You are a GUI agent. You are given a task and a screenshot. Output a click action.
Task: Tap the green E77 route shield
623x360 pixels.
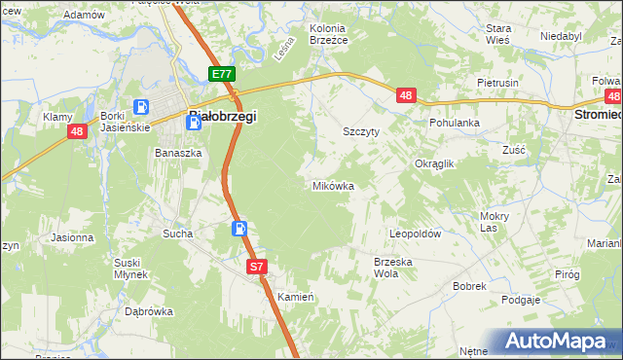pos(222,74)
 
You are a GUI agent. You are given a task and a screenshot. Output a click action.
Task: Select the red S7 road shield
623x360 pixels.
pos(256,266)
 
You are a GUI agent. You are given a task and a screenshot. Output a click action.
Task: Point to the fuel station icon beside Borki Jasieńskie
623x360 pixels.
pos(141,107)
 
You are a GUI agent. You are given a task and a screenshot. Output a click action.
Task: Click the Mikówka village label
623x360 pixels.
pos(333,185)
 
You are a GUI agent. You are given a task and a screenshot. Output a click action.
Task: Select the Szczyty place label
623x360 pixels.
pos(361,130)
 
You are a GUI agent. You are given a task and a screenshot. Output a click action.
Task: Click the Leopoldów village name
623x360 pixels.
pos(416,234)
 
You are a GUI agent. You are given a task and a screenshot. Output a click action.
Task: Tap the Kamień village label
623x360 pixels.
pos(295,297)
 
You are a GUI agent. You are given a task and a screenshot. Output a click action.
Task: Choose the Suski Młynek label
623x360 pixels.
pos(129,269)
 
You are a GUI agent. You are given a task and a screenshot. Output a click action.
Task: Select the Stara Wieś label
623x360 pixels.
pos(498,35)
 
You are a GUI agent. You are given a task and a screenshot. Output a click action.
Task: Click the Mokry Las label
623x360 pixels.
pos(495,222)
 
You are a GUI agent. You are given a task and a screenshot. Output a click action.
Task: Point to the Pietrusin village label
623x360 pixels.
pos(497,84)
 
